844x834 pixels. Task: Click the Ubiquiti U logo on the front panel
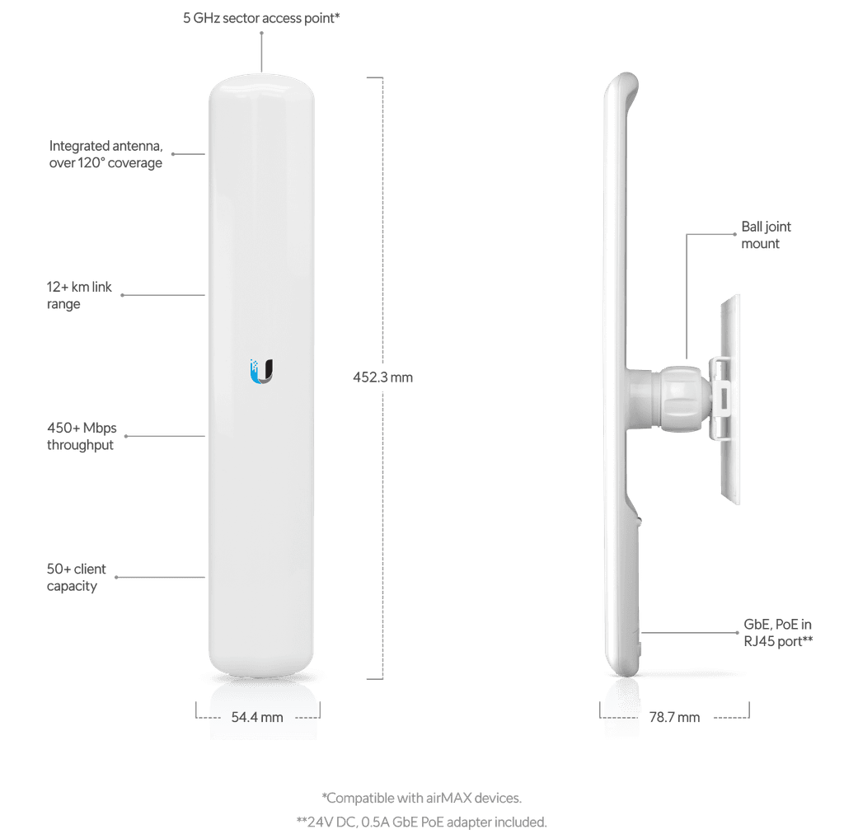pos(261,371)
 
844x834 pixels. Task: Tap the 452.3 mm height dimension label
pos(383,377)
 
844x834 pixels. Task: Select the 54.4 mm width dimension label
pos(257,718)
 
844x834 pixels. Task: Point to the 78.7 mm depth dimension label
pos(674,718)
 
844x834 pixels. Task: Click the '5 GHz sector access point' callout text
pos(260,16)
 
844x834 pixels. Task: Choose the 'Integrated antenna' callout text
pos(105,154)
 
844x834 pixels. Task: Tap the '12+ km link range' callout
pos(79,296)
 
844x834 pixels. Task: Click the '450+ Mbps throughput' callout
pos(82,437)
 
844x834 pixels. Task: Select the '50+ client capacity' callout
pos(77,578)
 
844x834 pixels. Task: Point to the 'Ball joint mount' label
pos(766,235)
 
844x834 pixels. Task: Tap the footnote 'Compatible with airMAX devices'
pos(421,798)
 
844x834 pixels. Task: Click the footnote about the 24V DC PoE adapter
pos(421,822)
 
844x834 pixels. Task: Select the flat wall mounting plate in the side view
pos(731,400)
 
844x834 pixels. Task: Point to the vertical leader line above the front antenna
pos(261,52)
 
